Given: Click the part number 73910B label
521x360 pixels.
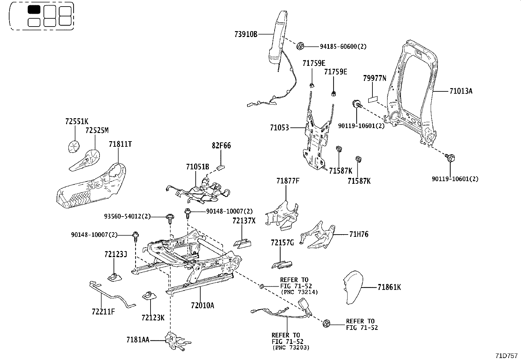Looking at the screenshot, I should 246,34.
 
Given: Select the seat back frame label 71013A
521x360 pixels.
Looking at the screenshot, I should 461,91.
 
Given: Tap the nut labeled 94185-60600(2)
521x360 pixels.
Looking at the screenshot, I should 300,47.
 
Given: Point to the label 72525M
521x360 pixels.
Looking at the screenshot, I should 97,131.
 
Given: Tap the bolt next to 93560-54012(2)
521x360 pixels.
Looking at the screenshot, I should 170,218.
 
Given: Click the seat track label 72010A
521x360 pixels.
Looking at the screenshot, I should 202,306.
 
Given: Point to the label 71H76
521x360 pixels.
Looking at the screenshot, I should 359,235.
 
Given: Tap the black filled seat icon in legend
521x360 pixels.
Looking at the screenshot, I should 34,9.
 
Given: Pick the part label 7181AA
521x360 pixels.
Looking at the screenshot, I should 137,340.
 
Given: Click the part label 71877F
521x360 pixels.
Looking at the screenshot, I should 288,181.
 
